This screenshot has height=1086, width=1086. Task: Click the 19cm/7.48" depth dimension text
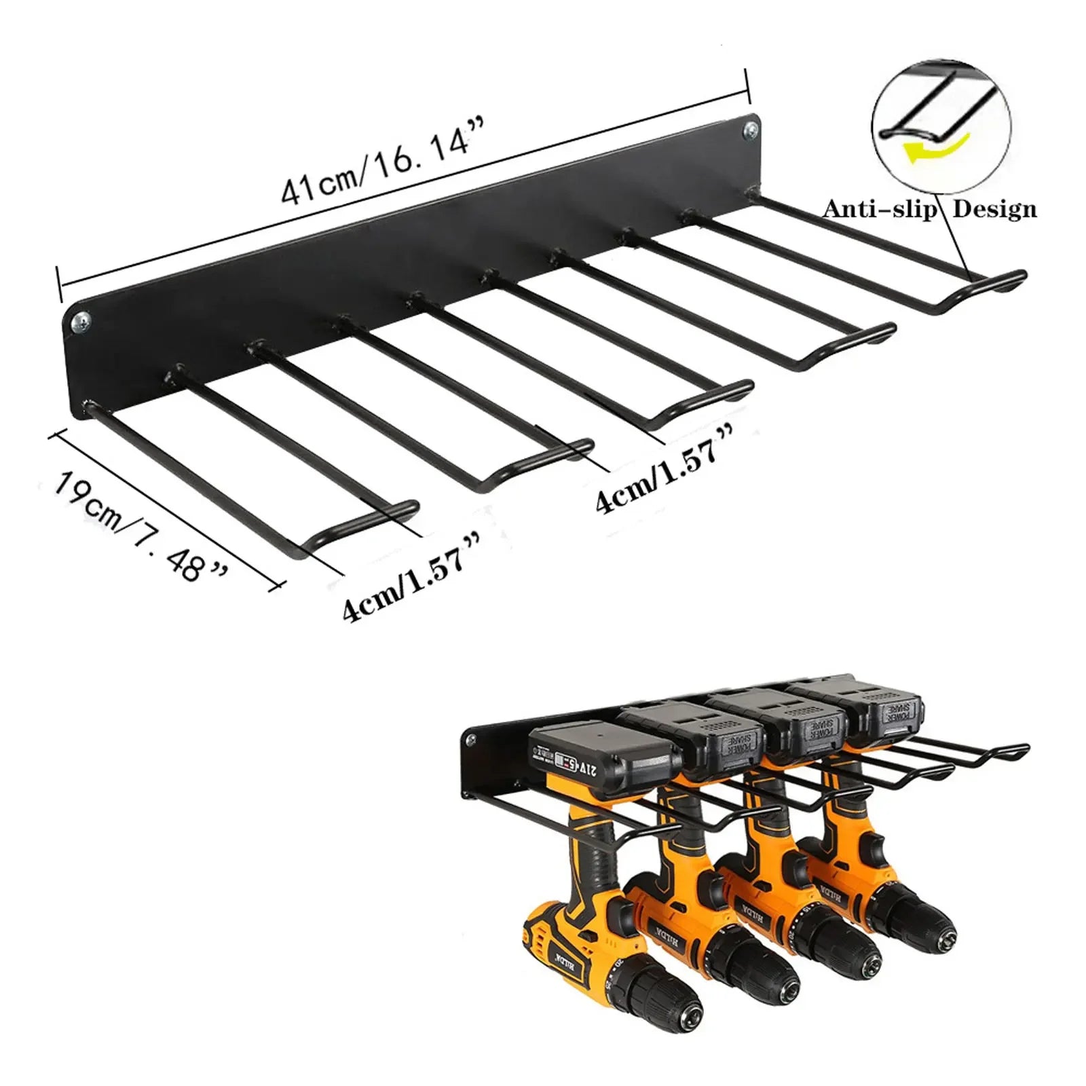(x=139, y=527)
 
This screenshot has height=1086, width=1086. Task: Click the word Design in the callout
(x=995, y=209)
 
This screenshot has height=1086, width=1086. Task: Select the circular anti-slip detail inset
(x=941, y=126)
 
